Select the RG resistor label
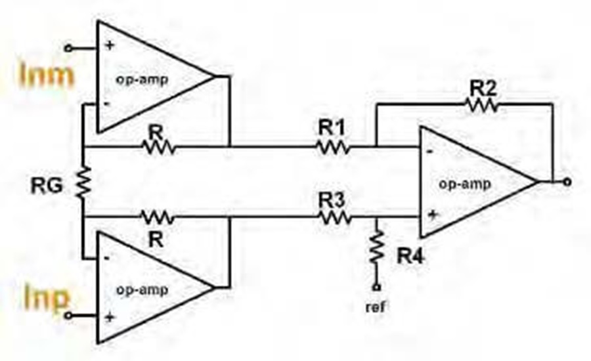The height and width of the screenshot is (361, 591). point(47,186)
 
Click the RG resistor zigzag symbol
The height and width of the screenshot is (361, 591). point(83,182)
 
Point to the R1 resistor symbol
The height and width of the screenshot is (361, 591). point(333,146)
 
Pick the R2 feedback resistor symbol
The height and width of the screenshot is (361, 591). point(483,105)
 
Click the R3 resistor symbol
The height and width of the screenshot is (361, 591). point(335,217)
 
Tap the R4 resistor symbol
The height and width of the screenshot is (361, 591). point(376,247)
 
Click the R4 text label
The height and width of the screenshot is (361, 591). point(410,256)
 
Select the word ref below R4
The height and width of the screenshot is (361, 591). point(376,307)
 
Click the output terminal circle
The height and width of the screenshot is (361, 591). point(567,182)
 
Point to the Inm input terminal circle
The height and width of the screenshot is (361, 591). point(68,48)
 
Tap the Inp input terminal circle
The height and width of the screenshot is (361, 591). point(68,316)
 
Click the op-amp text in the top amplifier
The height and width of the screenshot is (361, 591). point(142,80)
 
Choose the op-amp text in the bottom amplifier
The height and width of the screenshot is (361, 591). point(142,290)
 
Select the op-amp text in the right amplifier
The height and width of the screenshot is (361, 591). point(465,184)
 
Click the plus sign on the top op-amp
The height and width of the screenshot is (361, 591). point(110,46)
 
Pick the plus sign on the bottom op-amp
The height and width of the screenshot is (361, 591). point(110,317)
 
